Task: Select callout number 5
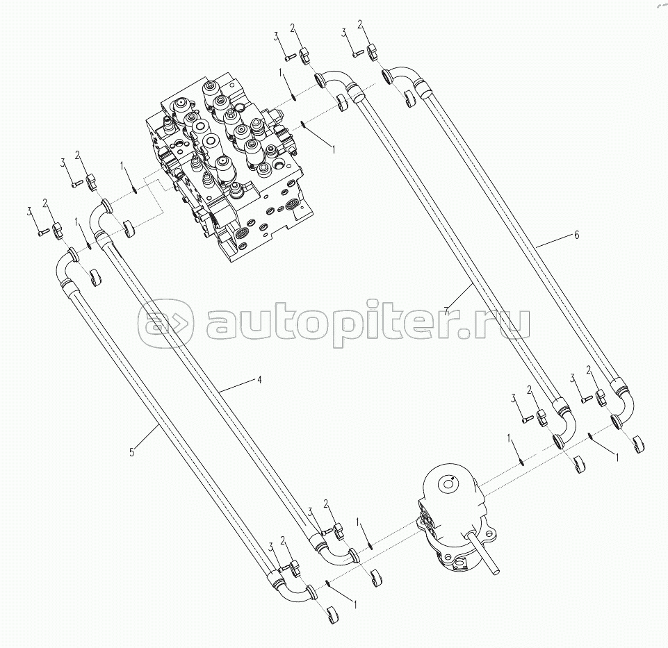tap(132, 451)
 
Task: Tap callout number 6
tap(576, 235)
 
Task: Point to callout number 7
tap(446, 310)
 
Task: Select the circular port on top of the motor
tap(447, 483)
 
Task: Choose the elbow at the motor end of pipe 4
tap(336, 556)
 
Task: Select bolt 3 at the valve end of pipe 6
tap(359, 53)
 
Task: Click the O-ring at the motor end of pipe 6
tap(591, 435)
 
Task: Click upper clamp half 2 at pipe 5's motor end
tap(295, 567)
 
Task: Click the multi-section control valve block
tap(229, 166)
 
